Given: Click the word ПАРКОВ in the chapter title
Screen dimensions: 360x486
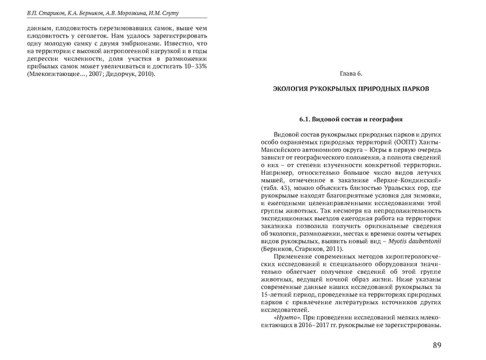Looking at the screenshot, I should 412,89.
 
